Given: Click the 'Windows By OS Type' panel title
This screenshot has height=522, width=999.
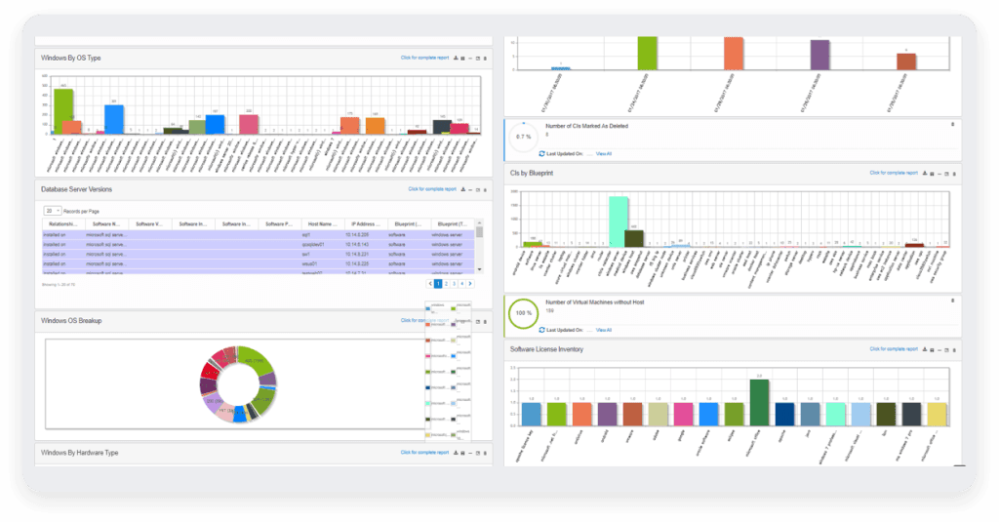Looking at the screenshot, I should pos(71,58).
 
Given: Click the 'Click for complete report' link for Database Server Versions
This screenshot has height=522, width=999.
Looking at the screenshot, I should pos(432,188).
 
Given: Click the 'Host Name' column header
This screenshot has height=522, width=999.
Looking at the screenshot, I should pos(320,224).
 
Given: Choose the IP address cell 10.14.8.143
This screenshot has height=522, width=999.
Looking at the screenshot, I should pos(360,245).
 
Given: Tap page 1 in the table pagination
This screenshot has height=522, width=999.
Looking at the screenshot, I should pos(438,283).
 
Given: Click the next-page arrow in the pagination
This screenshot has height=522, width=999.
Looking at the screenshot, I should pos(470,283).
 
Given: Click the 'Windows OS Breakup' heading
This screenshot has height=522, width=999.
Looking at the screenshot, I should pos(71,320).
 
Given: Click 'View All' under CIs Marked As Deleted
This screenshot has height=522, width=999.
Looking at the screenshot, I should pos(604,153).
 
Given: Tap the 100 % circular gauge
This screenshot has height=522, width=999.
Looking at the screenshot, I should pos(525,316).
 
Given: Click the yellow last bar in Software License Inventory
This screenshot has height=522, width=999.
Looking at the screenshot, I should pos(937,414).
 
